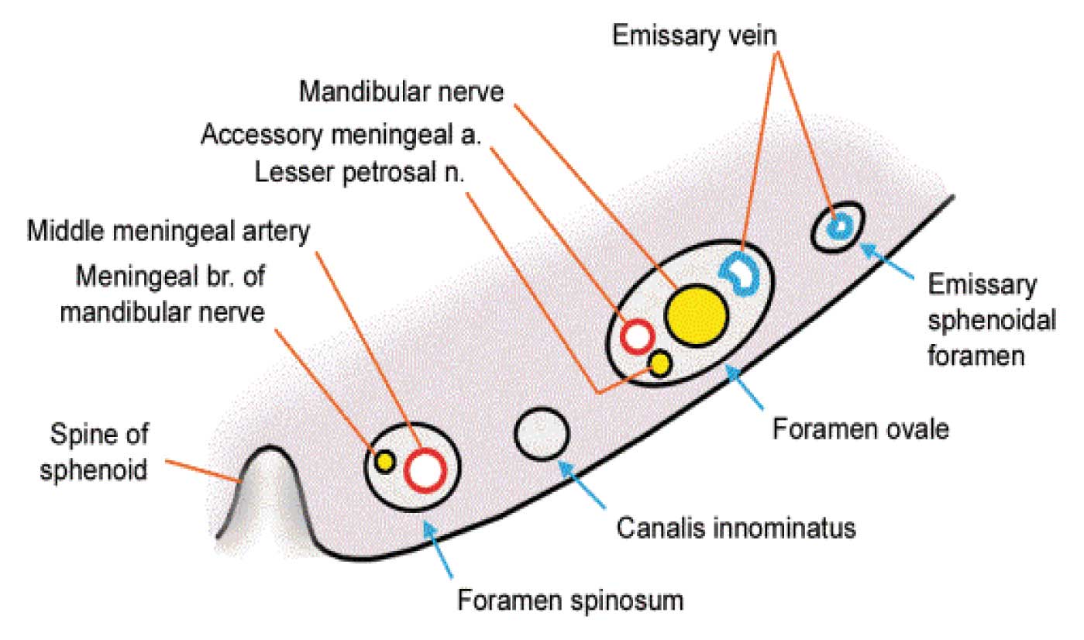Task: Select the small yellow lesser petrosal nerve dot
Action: [660, 363]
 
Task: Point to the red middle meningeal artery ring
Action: [425, 470]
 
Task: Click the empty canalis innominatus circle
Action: [542, 433]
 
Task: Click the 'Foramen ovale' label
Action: [859, 428]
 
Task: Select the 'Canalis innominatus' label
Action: [736, 528]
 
